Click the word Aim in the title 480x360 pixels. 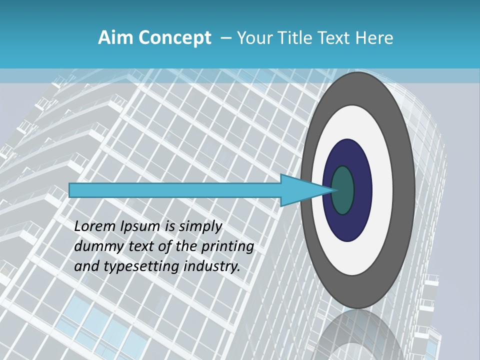click(115, 37)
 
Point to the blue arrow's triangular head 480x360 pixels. click(300, 190)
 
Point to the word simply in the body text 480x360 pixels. click(200, 226)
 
